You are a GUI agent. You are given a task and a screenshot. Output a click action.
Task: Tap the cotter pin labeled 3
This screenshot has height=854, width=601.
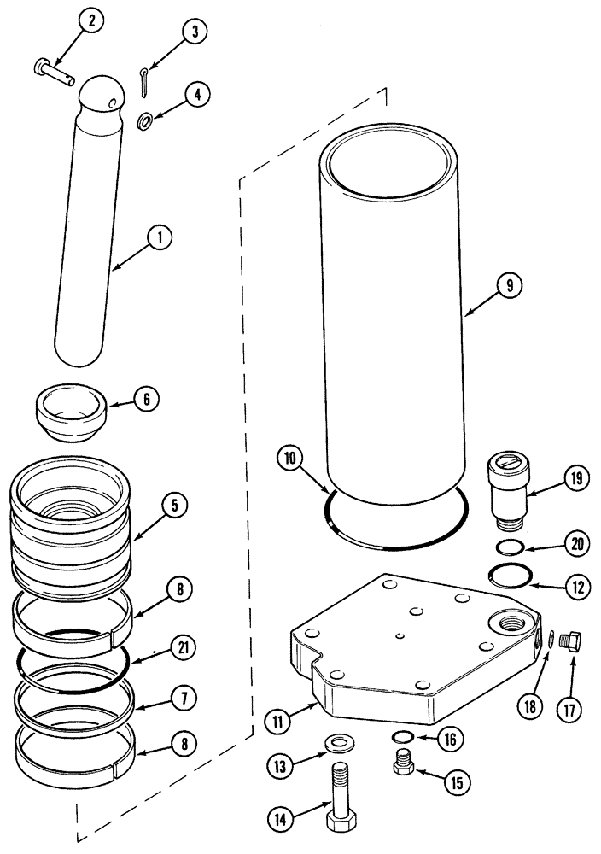[143, 79]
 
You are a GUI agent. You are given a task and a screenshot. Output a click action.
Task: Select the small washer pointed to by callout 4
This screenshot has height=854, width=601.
[147, 121]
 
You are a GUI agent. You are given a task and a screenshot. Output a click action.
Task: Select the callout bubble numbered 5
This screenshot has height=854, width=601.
[174, 506]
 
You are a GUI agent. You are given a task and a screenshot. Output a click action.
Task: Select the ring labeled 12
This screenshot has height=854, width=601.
[511, 577]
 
